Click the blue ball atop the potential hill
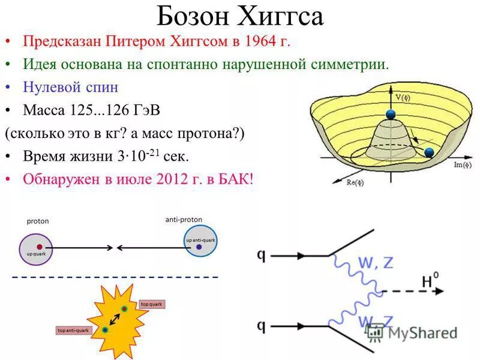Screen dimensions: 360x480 (x=391, y=115)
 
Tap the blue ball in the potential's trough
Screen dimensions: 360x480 (x=428, y=152)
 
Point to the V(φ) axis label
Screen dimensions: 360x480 (x=402, y=95)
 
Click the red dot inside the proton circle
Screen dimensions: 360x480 (x=39, y=246)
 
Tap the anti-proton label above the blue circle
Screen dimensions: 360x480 (x=184, y=220)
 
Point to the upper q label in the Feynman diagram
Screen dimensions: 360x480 (x=262, y=254)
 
